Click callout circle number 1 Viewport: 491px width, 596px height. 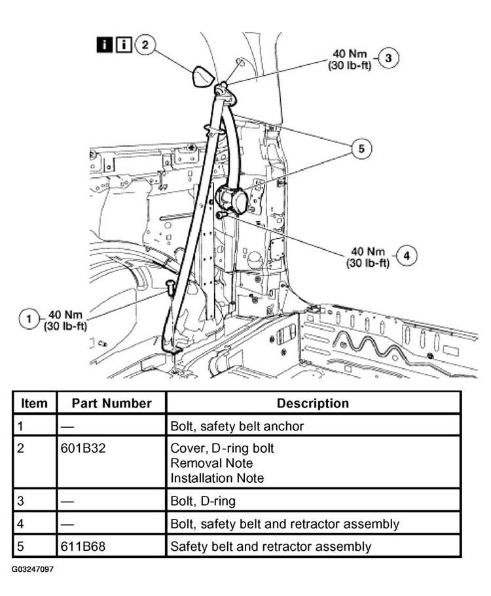(x=29, y=319)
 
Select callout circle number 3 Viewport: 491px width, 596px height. (x=388, y=58)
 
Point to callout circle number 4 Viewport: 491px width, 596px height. (x=407, y=256)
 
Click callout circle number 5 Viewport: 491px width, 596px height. (x=361, y=149)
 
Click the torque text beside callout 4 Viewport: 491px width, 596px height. (x=368, y=257)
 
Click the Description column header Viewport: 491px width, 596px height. (x=312, y=403)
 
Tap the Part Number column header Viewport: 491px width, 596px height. (x=111, y=403)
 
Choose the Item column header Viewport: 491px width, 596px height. (x=34, y=403)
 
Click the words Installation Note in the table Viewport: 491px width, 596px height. (x=217, y=478)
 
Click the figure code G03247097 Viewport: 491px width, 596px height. (x=33, y=569)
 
